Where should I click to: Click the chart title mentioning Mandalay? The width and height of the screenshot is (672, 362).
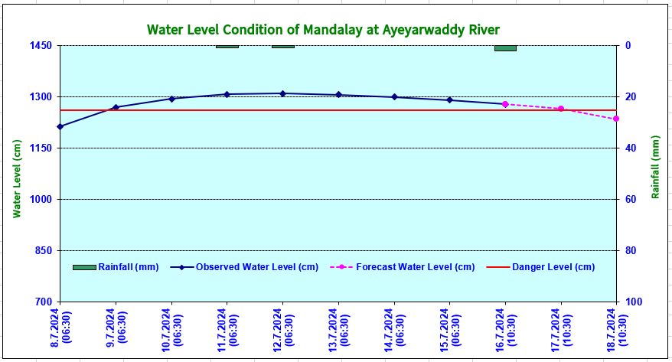[x=322, y=30]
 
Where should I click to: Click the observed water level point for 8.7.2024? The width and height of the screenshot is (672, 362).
[x=60, y=126]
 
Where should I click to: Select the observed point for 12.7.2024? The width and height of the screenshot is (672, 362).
[x=282, y=93]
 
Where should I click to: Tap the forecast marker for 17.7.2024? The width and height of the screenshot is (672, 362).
[x=560, y=109]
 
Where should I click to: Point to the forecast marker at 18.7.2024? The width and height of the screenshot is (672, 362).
[x=616, y=119]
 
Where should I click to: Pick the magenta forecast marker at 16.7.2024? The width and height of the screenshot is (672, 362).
[x=505, y=104]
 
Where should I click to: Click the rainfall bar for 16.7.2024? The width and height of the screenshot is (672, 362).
[x=505, y=48]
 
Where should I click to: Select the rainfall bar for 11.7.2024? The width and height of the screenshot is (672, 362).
[x=227, y=47]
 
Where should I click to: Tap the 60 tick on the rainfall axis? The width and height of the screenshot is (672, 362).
[x=632, y=200]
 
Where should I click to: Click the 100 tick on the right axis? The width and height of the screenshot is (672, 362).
[x=634, y=302]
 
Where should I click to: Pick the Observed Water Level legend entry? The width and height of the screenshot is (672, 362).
[x=244, y=267]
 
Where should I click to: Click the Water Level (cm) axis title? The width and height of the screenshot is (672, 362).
[x=17, y=178]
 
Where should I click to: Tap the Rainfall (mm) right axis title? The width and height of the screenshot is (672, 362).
[x=655, y=167]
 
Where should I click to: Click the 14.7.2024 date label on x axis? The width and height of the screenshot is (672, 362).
[x=394, y=330]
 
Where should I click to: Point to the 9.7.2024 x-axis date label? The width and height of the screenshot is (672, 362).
[x=116, y=330]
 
